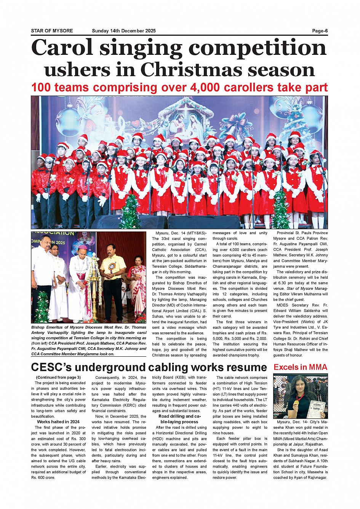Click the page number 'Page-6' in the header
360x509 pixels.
point(320,31)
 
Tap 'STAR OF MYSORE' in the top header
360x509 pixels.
point(52,31)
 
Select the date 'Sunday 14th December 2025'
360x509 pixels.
point(123,31)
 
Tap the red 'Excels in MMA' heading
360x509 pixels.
point(300,367)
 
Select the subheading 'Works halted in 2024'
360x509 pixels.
point(58,422)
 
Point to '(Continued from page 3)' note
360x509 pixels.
point(58,378)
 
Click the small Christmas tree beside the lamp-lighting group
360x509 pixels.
point(42,306)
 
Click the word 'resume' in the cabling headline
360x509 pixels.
point(242,367)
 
